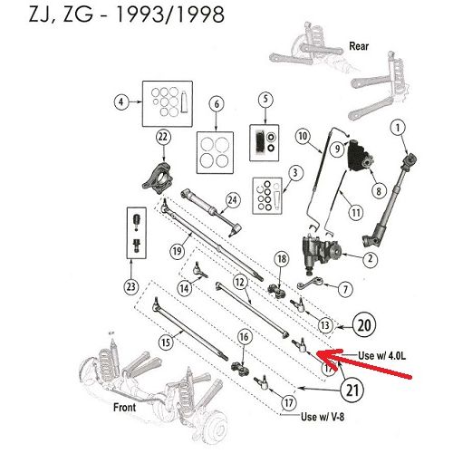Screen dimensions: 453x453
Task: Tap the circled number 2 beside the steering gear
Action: click(x=370, y=259)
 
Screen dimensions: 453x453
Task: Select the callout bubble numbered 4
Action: click(x=119, y=102)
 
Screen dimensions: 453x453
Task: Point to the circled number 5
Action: click(x=265, y=100)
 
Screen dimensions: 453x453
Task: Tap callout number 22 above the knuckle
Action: click(x=162, y=137)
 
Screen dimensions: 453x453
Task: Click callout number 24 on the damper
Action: click(x=233, y=200)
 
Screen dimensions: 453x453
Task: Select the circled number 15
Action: click(x=164, y=342)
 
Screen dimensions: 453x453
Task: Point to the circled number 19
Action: click(x=178, y=250)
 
